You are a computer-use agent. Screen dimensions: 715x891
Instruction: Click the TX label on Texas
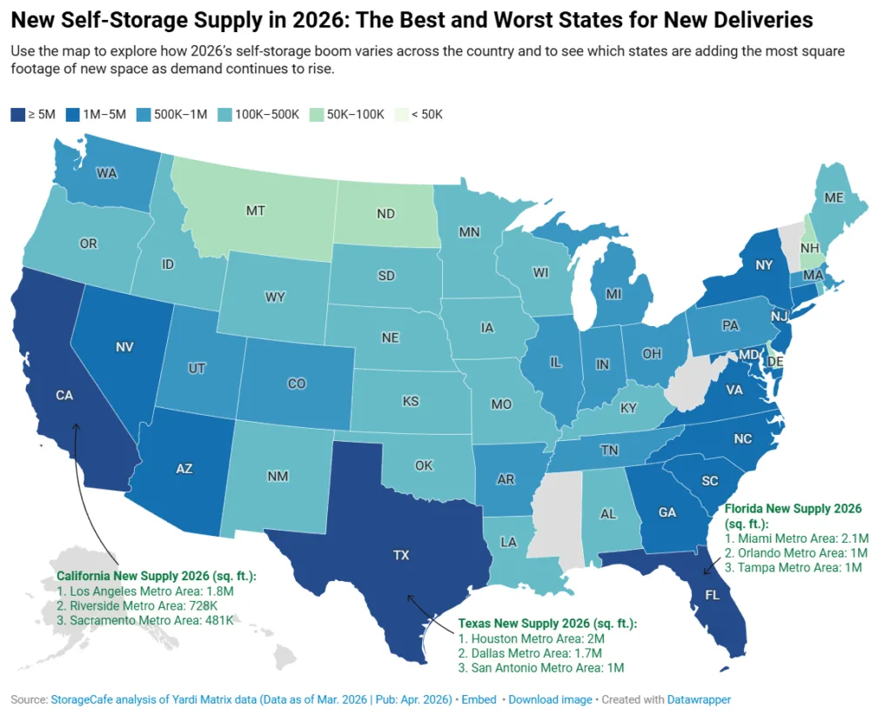pyautogui.click(x=401, y=555)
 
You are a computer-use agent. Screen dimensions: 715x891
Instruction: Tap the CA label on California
pyautogui.click(x=64, y=395)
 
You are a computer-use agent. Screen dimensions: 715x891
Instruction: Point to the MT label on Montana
pyautogui.click(x=256, y=211)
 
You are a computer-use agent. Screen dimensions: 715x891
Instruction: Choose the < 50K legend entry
pyautogui.click(x=419, y=114)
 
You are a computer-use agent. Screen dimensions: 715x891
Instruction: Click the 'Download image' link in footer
pyautogui.click(x=550, y=699)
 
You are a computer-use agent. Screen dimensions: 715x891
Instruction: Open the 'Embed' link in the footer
pyautogui.click(x=479, y=699)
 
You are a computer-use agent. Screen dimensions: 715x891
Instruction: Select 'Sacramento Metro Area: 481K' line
pyautogui.click(x=145, y=619)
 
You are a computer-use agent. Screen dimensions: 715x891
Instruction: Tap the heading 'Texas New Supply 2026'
pyautogui.click(x=547, y=623)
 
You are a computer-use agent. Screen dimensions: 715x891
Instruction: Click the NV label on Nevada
pyautogui.click(x=124, y=347)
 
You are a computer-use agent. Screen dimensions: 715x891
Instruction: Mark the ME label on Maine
pyautogui.click(x=834, y=197)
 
